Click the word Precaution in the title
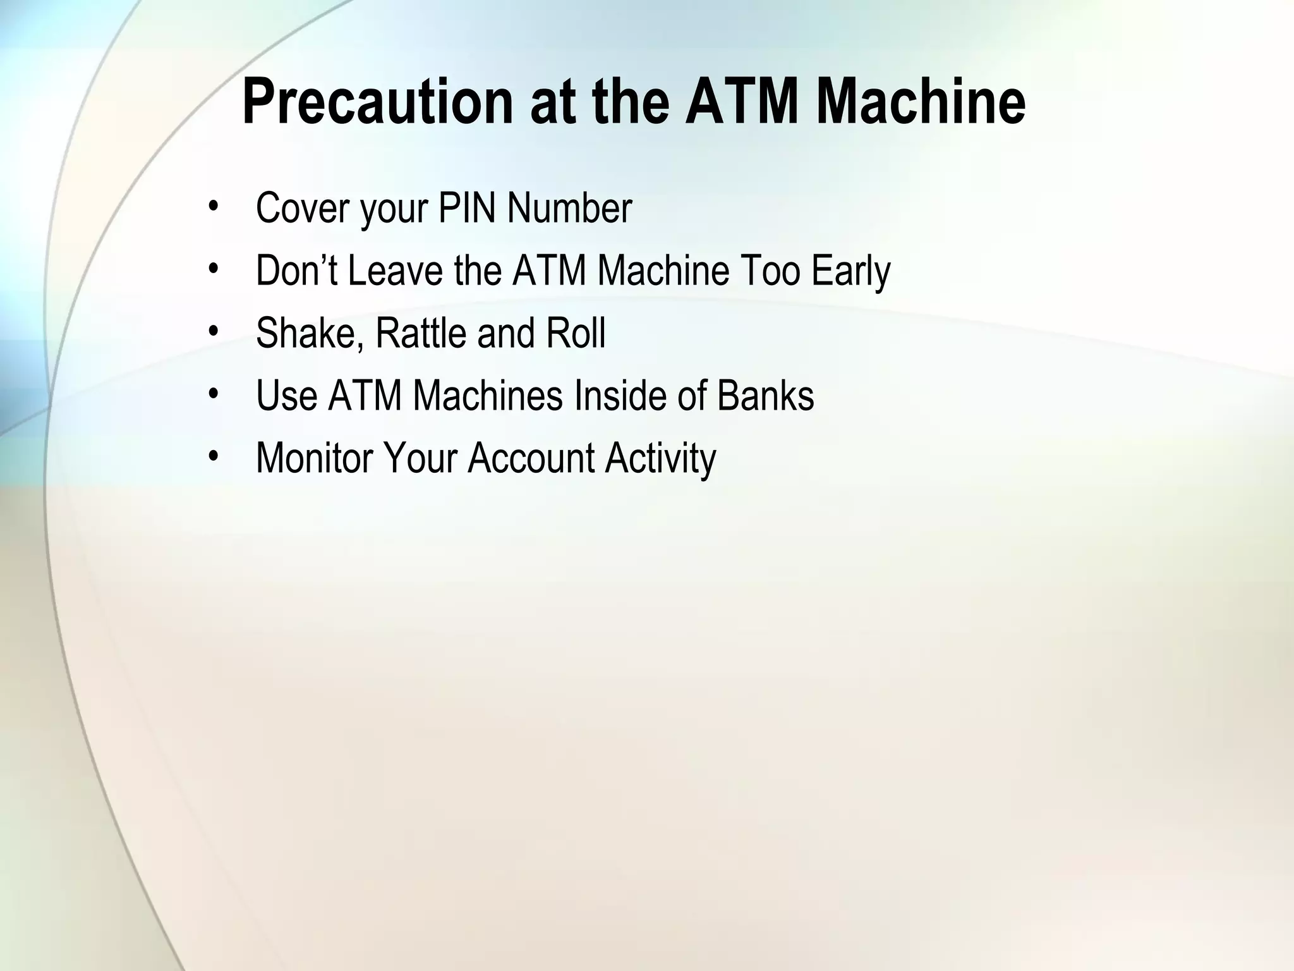tap(378, 102)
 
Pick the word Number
tap(569, 208)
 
